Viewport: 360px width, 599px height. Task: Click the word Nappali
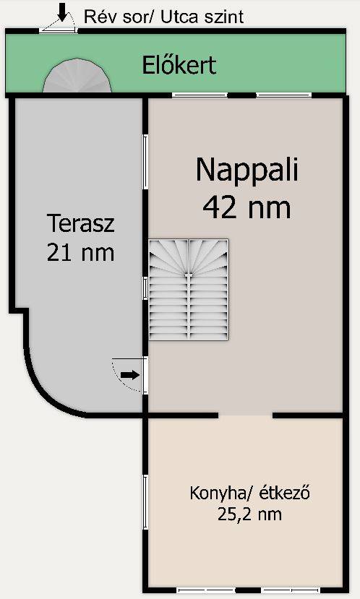tap(247, 171)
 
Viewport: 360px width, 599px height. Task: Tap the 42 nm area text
tap(247, 208)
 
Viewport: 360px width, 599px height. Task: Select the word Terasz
tap(80, 223)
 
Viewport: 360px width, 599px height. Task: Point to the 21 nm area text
tap(80, 252)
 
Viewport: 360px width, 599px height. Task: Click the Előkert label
tap(179, 65)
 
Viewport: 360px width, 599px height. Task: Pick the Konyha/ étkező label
tap(249, 493)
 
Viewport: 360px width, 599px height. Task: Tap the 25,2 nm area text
tap(249, 514)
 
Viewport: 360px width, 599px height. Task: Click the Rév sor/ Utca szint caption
tap(163, 17)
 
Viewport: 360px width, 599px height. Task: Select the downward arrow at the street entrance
tap(61, 12)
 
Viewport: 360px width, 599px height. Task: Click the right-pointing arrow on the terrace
tap(130, 375)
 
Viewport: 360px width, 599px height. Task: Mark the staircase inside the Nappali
tap(189, 290)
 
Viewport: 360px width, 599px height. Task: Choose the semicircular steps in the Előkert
tap(77, 76)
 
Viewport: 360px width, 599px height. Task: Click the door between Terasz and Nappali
tap(145, 375)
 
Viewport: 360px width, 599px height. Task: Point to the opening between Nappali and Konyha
tap(245, 415)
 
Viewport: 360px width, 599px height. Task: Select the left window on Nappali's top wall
tap(200, 95)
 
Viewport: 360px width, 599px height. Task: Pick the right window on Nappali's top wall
tap(283, 95)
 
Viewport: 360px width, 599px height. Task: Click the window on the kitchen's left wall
tap(145, 502)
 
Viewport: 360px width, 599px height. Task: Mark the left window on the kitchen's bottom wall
tap(206, 590)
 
